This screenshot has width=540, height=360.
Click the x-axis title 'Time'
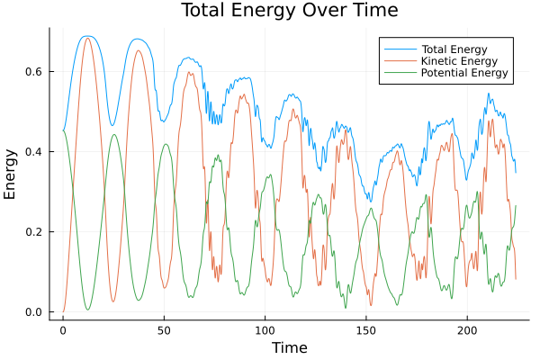pos(290,347)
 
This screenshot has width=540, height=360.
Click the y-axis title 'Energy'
pos(11,174)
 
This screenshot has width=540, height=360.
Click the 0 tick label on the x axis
pos(63,329)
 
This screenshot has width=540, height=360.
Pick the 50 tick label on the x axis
pos(164,329)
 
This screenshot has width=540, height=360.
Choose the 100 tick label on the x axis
pos(265,329)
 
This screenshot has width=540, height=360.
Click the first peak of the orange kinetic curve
pos(87,38)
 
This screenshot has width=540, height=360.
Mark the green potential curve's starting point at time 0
pos(63,131)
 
